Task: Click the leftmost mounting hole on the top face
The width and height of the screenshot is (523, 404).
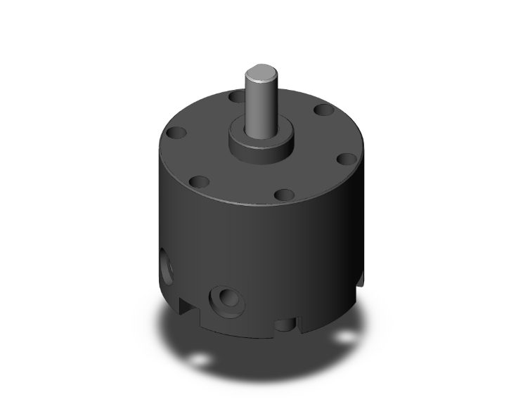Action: (x=174, y=133)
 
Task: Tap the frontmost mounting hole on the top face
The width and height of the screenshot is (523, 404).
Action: (x=283, y=195)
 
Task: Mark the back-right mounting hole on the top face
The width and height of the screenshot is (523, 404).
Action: (x=323, y=110)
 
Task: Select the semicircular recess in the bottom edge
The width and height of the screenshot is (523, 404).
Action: (x=285, y=325)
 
